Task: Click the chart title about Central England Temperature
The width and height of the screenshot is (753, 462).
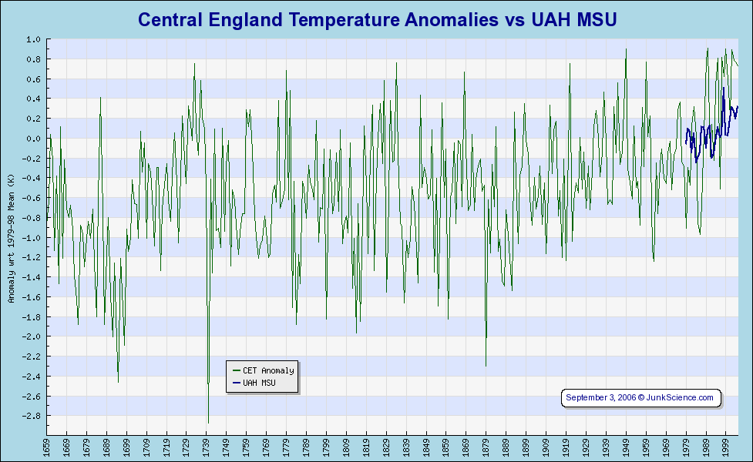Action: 377,20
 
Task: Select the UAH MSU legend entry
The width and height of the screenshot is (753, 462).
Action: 259,382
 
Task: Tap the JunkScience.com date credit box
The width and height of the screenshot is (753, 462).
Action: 640,397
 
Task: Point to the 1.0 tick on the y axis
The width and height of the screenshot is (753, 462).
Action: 33,39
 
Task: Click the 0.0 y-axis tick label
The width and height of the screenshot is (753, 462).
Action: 33,139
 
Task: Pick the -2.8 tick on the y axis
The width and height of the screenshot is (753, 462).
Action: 32,416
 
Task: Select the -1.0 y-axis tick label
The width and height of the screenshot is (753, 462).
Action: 32,238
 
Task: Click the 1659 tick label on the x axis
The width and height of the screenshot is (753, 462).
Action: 47,447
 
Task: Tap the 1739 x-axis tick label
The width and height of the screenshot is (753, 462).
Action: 207,447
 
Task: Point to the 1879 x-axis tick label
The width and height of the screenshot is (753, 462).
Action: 486,447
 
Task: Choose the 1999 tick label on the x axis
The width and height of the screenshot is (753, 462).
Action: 725,447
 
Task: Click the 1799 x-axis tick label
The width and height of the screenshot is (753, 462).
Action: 326,447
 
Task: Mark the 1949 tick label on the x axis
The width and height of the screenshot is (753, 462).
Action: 626,447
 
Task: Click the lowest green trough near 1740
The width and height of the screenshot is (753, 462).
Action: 208,422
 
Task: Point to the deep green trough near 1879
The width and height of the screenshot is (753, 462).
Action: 486,366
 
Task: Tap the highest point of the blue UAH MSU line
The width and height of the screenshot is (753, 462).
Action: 723,89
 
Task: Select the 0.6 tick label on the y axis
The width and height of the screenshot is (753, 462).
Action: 33,79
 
